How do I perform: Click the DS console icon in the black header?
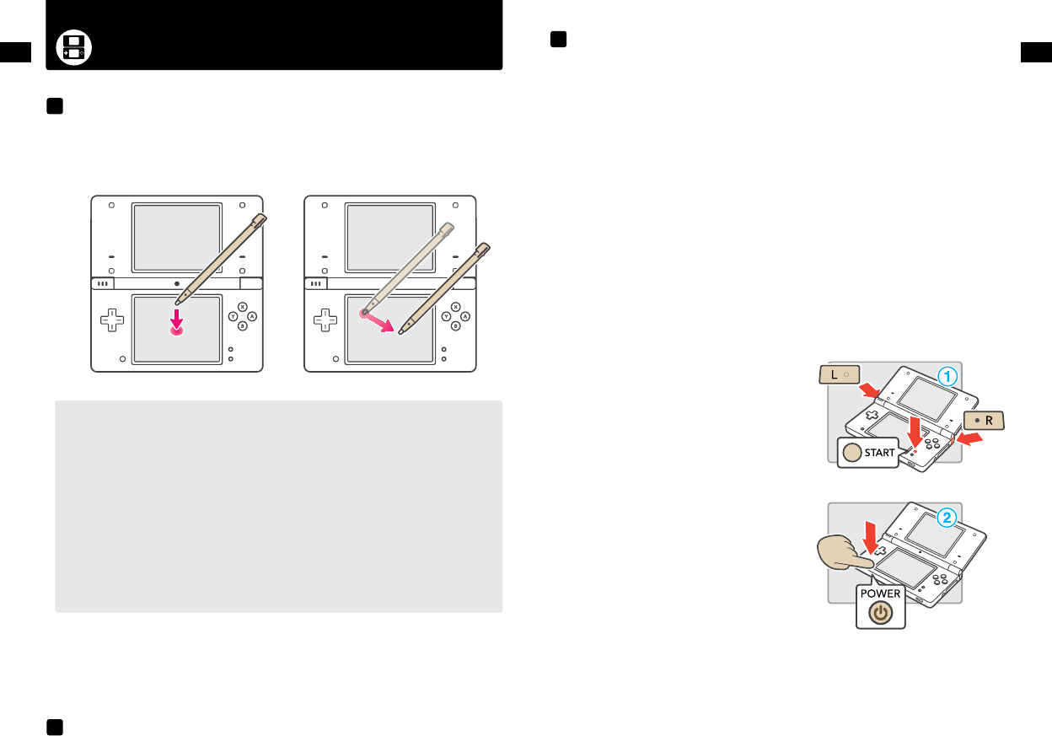click(73, 49)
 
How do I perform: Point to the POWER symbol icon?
click(880, 614)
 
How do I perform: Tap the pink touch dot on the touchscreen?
click(177, 331)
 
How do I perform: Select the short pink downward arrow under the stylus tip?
click(177, 316)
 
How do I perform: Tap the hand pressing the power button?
click(843, 560)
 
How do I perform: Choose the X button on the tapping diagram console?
click(243, 307)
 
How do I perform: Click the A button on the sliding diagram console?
click(464, 316)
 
